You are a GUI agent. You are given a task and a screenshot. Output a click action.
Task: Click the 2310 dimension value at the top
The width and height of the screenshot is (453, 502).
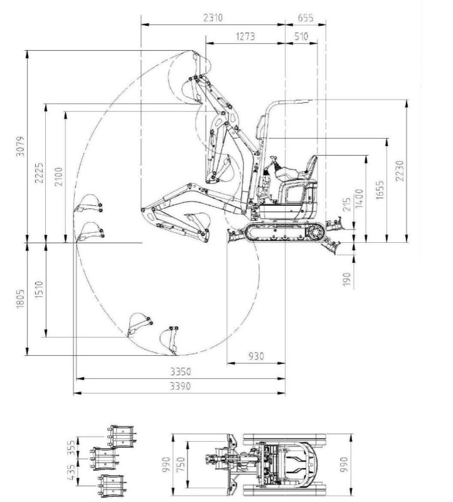click(x=213, y=18)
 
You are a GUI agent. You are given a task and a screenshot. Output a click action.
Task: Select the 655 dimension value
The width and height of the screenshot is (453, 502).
click(x=306, y=18)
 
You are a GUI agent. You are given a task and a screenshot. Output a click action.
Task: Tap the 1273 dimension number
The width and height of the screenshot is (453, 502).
click(x=245, y=36)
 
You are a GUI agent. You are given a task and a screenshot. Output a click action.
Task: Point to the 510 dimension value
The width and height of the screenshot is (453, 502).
click(x=301, y=36)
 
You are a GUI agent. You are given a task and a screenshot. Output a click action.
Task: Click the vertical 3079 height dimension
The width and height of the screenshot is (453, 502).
click(x=21, y=146)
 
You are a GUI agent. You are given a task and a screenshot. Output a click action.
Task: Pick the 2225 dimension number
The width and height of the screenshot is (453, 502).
click(x=39, y=173)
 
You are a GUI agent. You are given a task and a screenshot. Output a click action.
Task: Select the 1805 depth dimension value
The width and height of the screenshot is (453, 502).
click(x=21, y=299)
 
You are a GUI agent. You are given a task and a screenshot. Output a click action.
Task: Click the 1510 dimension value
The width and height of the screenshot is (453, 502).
click(x=39, y=289)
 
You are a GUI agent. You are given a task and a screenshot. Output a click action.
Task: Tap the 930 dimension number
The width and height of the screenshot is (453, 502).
click(x=256, y=356)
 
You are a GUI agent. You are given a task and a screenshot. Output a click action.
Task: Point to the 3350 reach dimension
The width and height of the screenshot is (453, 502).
click(x=180, y=371)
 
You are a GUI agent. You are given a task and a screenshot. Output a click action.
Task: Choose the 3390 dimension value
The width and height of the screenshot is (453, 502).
click(x=180, y=386)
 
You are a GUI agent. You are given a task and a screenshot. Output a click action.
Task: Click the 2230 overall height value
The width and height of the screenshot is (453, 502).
click(x=400, y=171)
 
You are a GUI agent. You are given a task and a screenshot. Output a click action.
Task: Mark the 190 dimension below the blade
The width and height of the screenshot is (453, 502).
click(x=347, y=279)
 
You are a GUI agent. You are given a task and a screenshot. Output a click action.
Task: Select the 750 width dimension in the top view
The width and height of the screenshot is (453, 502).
click(x=181, y=464)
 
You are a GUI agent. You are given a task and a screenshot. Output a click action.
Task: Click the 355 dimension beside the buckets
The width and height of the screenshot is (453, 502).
click(x=72, y=447)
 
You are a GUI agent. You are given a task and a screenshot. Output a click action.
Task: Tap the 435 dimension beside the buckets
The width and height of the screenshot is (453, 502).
click(x=72, y=473)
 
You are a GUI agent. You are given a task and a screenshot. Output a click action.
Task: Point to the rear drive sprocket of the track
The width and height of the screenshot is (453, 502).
click(x=316, y=232)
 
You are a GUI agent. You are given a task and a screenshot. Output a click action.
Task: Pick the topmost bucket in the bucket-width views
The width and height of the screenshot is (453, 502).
click(x=122, y=436)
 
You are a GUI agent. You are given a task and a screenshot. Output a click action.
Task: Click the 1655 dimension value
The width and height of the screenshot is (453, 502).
click(x=380, y=190)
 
